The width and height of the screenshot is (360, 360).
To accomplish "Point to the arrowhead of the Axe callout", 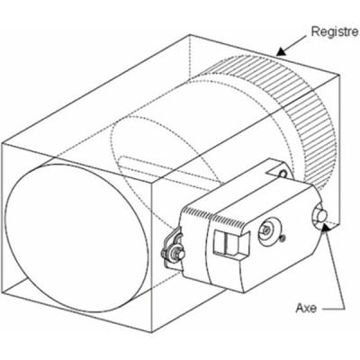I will click(329, 229).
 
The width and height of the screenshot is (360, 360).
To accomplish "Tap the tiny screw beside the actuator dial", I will click(283, 238).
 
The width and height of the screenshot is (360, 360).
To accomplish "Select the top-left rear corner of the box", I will click(188, 35).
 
